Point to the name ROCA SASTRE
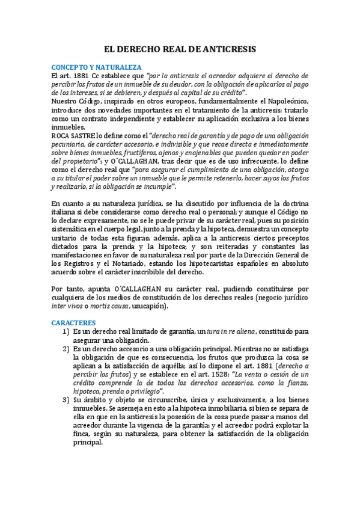[74, 136]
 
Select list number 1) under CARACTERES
[66, 331]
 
